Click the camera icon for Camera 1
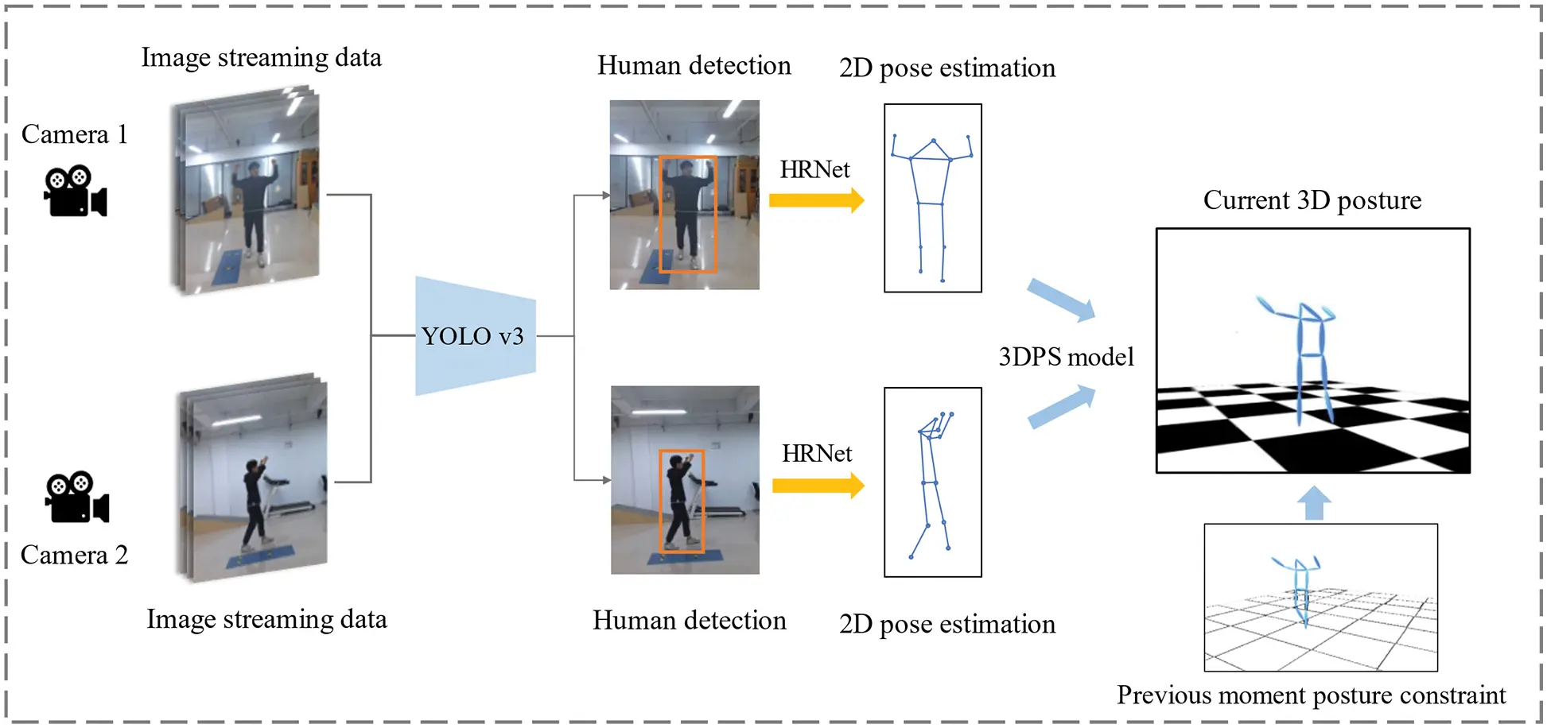75,192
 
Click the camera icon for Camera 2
76,498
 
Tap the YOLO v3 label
472,336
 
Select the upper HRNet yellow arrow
816,200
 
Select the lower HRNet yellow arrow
818,485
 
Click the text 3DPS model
1066,357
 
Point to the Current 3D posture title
1312,200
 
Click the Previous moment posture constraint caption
1311,695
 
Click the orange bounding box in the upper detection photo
687,214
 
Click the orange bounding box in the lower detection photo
682,501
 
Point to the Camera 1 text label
74,134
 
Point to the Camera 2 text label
74,555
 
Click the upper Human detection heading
694,65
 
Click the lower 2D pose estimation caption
946,625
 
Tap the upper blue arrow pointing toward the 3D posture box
1061,300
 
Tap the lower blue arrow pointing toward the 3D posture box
1061,406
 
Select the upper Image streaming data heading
261,57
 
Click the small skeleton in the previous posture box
1300,590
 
